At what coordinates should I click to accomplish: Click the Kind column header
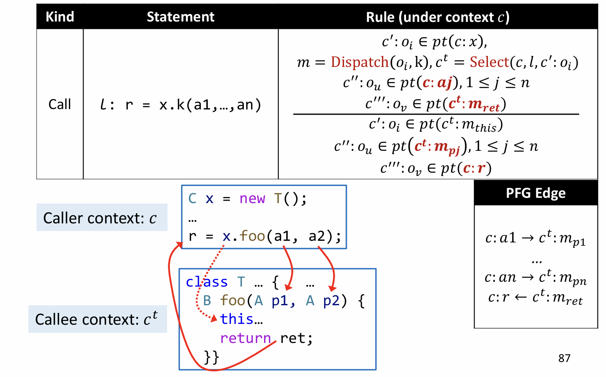point(60,17)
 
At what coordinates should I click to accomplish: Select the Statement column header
point(180,17)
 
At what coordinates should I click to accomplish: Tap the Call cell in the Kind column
point(60,104)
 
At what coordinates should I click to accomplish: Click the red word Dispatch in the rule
point(359,62)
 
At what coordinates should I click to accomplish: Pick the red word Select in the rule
point(489,62)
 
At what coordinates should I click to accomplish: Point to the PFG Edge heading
point(535,193)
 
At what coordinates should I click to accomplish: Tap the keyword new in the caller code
point(252,199)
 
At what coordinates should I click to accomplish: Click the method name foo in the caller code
point(252,236)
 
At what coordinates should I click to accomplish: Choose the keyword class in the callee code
point(207,282)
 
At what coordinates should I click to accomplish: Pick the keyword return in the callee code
point(245,338)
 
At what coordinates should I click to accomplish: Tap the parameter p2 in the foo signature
point(331,301)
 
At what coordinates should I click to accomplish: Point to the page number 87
point(564,358)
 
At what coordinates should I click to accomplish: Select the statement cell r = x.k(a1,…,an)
point(180,105)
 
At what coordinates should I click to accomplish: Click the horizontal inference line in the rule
point(436,114)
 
